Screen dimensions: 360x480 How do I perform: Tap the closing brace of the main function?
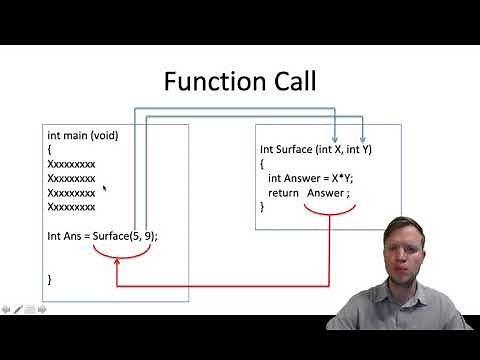[x=50, y=279]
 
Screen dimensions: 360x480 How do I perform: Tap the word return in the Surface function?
[x=283, y=192]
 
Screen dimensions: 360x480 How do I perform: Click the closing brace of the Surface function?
[x=263, y=206]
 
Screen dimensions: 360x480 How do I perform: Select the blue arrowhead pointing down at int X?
[x=334, y=139]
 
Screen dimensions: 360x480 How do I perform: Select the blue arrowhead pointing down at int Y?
[x=363, y=139]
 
